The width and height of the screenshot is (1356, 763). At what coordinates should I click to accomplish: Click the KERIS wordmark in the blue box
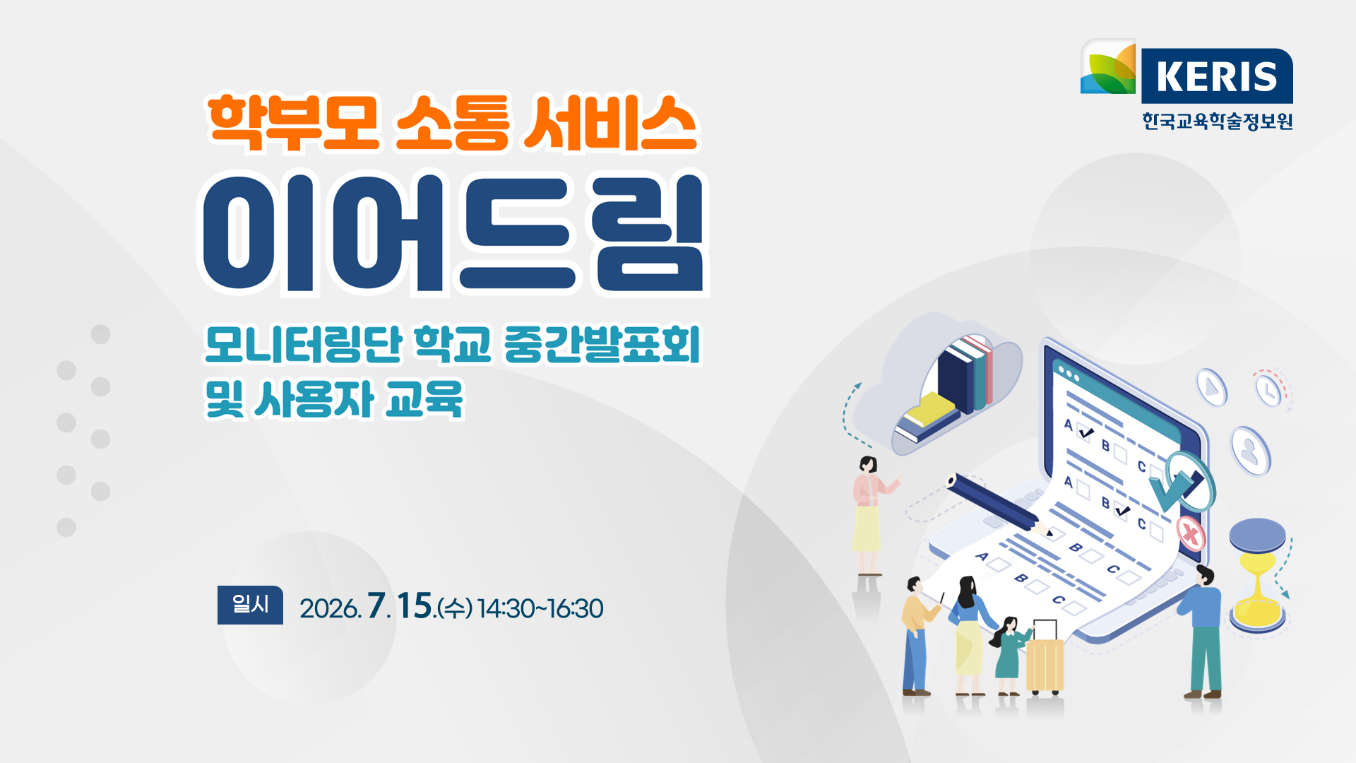(x=1217, y=76)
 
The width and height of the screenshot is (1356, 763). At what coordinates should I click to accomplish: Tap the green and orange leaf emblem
(x=1108, y=67)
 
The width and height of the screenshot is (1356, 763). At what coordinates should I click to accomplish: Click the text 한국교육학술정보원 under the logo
(x=1218, y=121)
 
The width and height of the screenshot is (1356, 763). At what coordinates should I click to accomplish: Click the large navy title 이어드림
(x=453, y=233)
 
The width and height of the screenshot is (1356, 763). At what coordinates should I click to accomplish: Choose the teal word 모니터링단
(x=304, y=345)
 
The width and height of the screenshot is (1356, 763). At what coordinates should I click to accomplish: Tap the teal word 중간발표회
(x=602, y=345)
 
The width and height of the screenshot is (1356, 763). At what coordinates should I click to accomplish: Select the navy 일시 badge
(x=250, y=605)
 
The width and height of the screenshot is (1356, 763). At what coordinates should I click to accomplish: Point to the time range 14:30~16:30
(x=540, y=608)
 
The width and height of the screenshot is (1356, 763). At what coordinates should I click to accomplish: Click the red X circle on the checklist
(x=1191, y=533)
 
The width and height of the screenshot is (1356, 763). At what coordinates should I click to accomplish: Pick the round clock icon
(x=1269, y=390)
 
